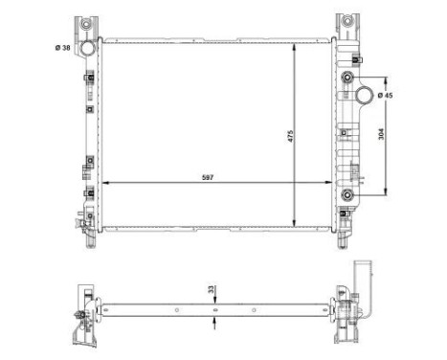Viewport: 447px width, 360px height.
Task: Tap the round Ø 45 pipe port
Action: point(365,95)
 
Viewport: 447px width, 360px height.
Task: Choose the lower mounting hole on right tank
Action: point(346,195)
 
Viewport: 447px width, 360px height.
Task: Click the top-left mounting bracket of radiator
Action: point(87,24)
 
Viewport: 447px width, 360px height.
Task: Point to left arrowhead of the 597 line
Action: point(104,182)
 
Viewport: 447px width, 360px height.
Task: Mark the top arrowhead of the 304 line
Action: point(385,79)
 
